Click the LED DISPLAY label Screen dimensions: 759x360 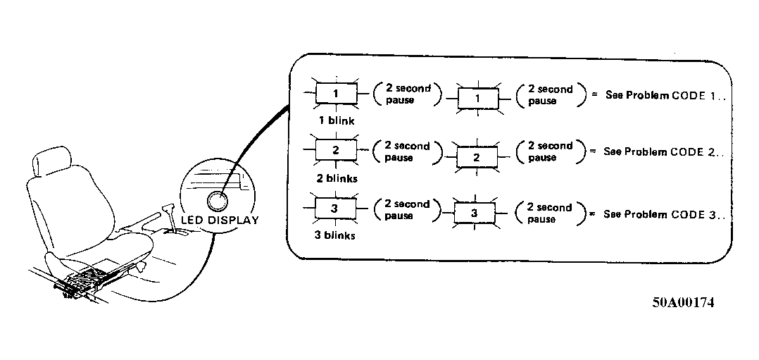pyautogui.click(x=220, y=220)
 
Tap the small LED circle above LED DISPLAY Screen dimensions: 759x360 pyautogui.click(x=218, y=200)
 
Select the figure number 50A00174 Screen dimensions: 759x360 pyautogui.click(x=682, y=302)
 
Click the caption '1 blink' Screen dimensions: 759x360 pyautogui.click(x=337, y=120)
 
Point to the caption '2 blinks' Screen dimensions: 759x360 pyautogui.click(x=337, y=178)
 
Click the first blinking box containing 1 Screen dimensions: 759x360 pyautogui.click(x=337, y=93)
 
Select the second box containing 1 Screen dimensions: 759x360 pyautogui.click(x=478, y=99)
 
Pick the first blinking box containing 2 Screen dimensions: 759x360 pyautogui.click(x=337, y=149)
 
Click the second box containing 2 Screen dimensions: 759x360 pyautogui.click(x=477, y=157)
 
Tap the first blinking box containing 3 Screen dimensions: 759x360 pyautogui.click(x=335, y=209)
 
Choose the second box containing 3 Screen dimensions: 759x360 pyautogui.click(x=475, y=213)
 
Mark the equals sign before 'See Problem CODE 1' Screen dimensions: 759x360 pyautogui.click(x=594, y=95)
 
